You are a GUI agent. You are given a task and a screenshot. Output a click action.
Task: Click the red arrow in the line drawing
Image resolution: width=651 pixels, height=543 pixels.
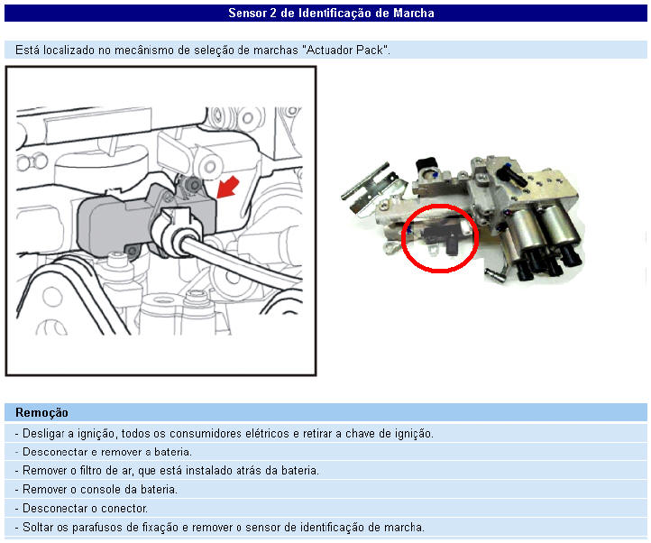[228, 187]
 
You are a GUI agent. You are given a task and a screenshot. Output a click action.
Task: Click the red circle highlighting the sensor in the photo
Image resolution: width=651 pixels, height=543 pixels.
[403, 239]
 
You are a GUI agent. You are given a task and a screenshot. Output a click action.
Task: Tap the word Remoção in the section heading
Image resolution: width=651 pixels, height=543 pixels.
[41, 412]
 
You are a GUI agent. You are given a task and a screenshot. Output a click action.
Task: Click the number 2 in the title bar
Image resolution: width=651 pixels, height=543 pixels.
[273, 13]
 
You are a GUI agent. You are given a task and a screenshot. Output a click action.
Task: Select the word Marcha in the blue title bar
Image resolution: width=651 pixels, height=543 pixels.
[414, 13]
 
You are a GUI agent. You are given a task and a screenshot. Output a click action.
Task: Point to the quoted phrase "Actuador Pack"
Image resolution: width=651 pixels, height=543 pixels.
[346, 50]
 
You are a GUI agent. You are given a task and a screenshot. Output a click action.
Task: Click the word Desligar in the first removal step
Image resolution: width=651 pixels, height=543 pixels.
[43, 433]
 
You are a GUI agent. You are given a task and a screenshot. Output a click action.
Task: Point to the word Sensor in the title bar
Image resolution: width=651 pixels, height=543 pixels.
[247, 13]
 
